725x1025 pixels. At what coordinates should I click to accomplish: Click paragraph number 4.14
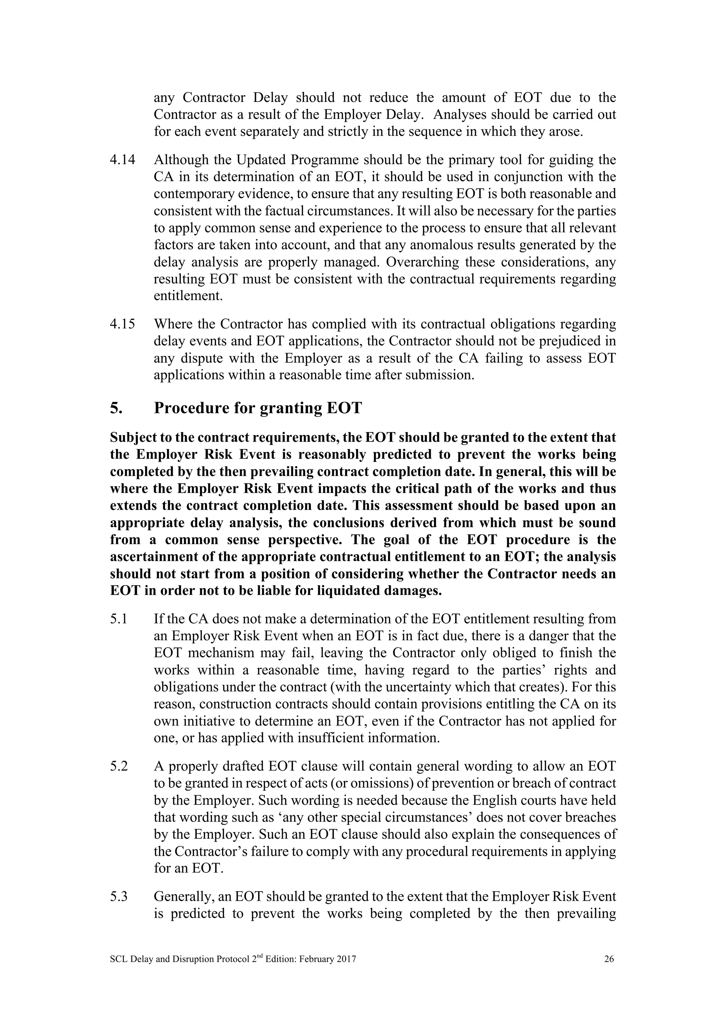pos(122,160)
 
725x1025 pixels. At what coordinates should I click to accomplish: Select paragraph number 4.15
pos(122,324)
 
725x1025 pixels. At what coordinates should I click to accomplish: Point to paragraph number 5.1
pos(119,619)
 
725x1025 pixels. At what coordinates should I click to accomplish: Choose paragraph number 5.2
pos(119,766)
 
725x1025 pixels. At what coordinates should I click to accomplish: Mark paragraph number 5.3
pos(119,897)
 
